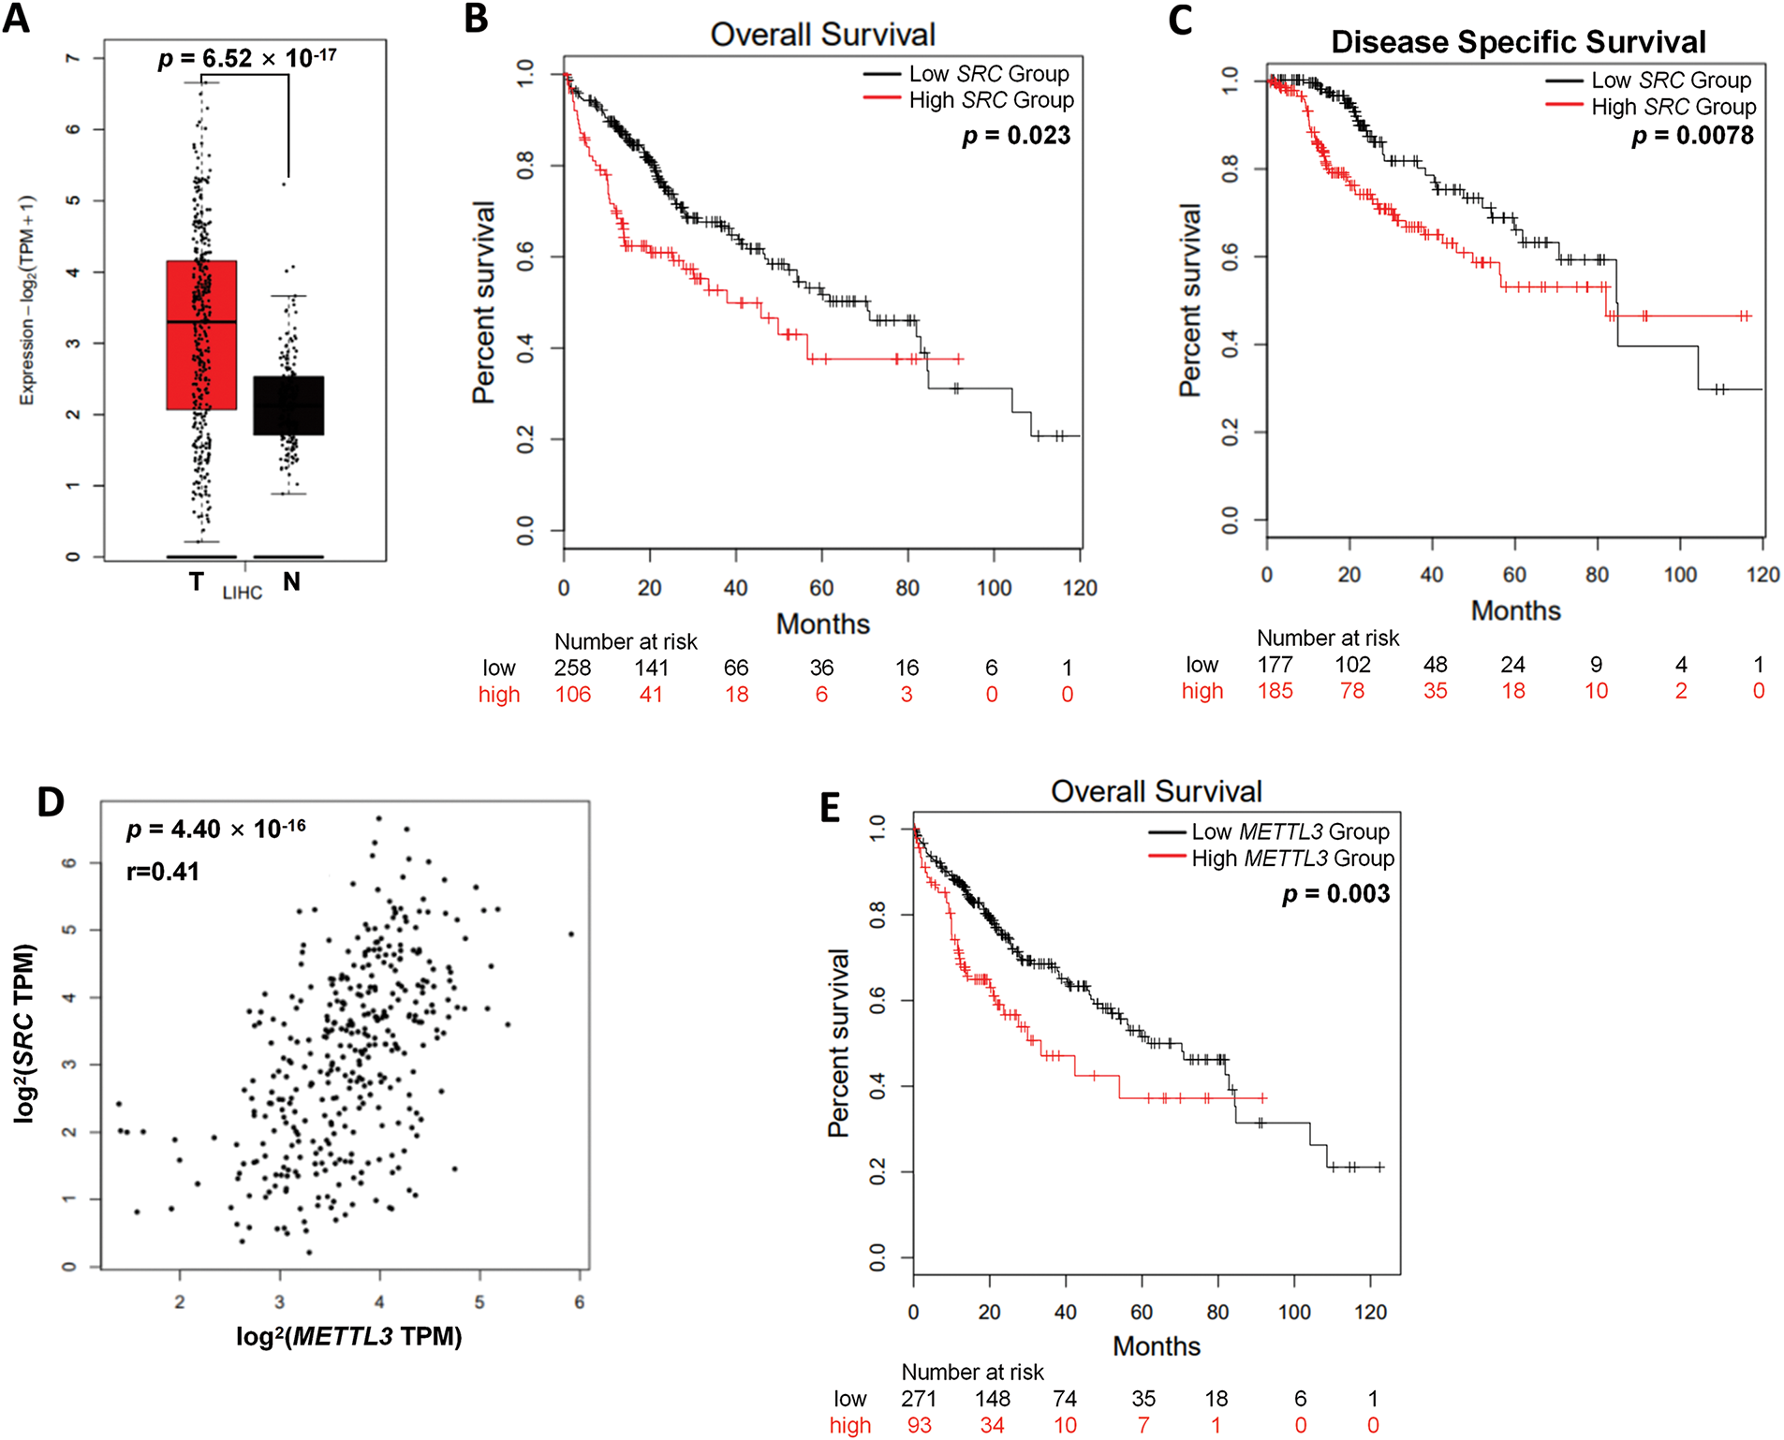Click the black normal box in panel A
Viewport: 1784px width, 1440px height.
[x=288, y=405]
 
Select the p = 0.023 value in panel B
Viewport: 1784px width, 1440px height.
[x=1016, y=136]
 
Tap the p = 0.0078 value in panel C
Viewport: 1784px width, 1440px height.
[x=1692, y=136]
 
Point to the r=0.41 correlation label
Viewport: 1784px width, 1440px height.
[x=163, y=872]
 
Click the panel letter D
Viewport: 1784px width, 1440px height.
[x=51, y=802]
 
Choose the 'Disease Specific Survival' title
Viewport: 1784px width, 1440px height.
[x=1518, y=42]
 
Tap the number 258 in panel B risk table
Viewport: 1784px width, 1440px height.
[x=572, y=668]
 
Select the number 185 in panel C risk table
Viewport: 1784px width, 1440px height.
[x=1275, y=691]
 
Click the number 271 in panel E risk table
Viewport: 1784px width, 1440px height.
[x=919, y=1399]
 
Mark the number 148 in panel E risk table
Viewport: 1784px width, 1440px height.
[x=992, y=1399]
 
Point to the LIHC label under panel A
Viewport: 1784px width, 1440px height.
[x=242, y=593]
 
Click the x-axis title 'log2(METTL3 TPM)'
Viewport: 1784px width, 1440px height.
[x=349, y=1336]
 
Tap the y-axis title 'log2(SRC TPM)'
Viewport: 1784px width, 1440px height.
[x=25, y=1034]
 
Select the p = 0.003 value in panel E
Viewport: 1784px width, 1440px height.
[x=1335, y=894]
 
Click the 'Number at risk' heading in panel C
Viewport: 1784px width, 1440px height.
[x=1327, y=639]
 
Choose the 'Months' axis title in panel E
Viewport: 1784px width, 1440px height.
[x=1156, y=1346]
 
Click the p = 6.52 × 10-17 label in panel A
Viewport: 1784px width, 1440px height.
[x=247, y=59]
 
